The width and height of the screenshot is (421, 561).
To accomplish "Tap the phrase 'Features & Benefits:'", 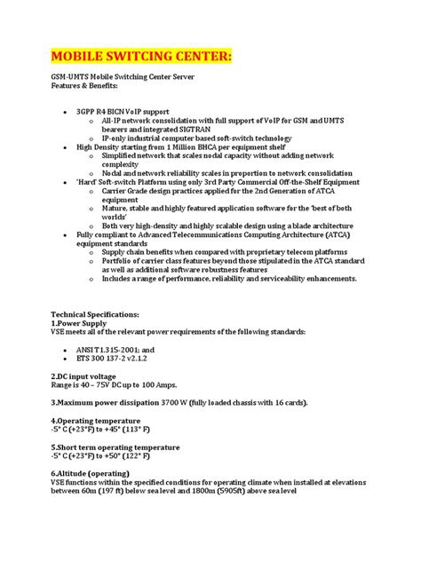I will tap(82, 87).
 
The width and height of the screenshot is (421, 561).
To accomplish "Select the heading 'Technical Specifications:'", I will tap(94, 315).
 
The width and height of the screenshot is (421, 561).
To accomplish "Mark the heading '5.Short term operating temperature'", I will tap(115, 446).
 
